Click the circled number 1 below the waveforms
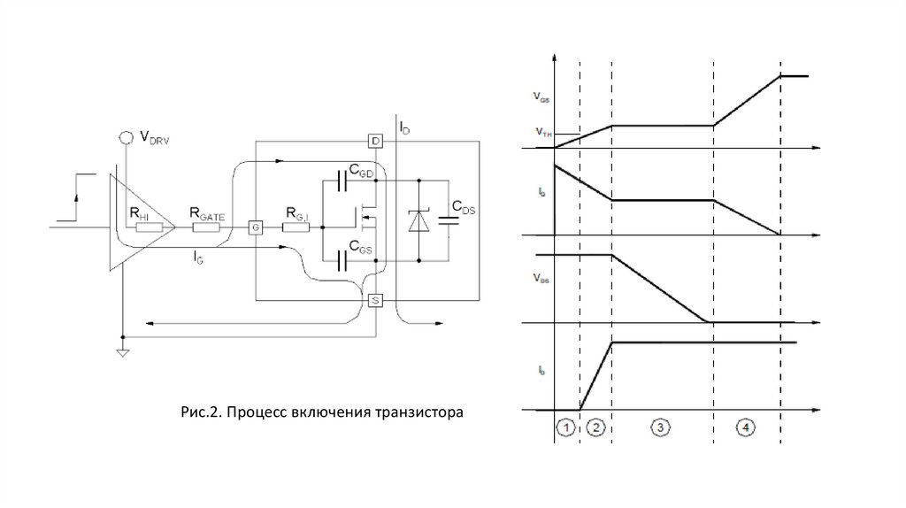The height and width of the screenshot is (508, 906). point(566,428)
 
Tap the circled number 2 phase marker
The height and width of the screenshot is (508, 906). point(596,428)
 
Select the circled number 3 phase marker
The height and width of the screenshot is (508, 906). point(661,428)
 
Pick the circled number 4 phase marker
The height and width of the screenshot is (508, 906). point(746,428)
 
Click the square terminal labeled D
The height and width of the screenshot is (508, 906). point(375,142)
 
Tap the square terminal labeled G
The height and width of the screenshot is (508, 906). point(254,227)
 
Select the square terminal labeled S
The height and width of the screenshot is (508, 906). point(375,301)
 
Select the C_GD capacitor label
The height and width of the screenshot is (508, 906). point(358,173)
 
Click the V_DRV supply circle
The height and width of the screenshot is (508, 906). point(126,137)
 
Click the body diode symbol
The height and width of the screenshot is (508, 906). point(418,221)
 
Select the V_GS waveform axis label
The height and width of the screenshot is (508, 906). point(540,95)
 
